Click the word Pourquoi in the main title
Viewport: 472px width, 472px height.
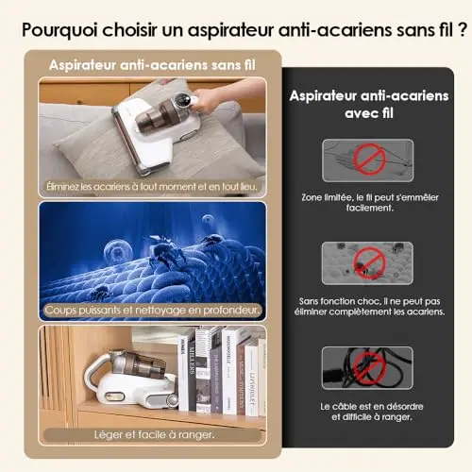pos(59,30)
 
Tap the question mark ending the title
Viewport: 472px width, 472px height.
pos(462,29)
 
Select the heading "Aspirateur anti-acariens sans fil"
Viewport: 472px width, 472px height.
pos(152,65)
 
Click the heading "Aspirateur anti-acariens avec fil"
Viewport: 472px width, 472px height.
pos(369,105)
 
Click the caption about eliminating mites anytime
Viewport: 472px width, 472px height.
pos(152,187)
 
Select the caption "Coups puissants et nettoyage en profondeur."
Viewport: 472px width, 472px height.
pos(152,311)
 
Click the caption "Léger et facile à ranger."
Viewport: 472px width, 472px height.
pos(154,434)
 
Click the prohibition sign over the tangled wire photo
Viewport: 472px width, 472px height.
pos(369,160)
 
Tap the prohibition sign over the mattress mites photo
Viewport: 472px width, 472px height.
pos(369,263)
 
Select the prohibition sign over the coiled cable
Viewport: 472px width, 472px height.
pos(369,368)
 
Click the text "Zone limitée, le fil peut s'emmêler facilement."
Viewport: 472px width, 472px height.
pos(370,202)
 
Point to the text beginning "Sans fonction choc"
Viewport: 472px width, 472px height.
pos(370,307)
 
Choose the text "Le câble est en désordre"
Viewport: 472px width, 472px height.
pos(372,406)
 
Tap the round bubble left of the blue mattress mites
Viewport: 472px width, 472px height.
pos(118,251)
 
